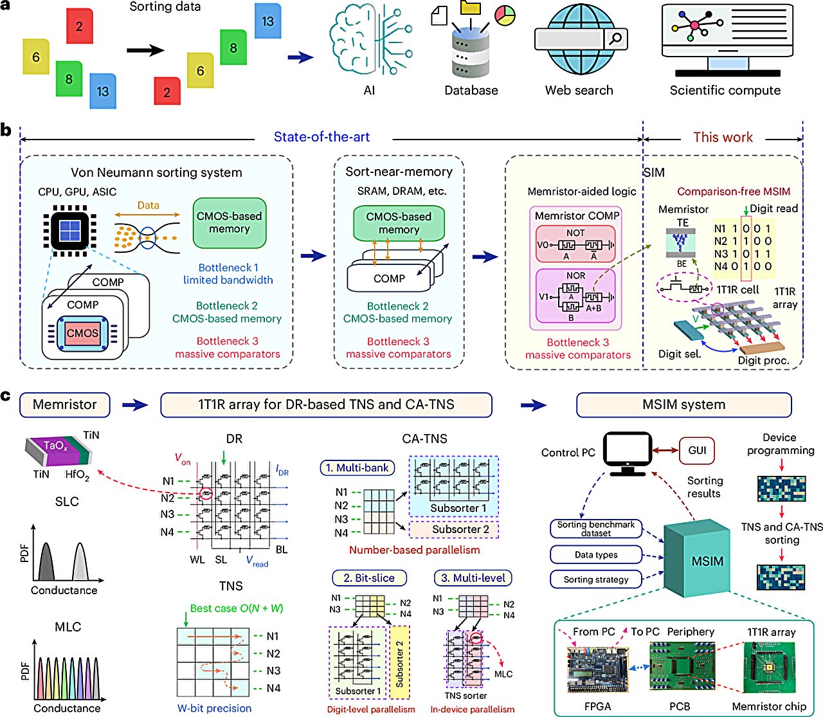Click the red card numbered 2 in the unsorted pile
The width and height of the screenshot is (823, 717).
pyautogui.click(x=79, y=26)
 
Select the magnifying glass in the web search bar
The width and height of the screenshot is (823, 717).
pyautogui.click(x=615, y=39)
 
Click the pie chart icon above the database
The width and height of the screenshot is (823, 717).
pyautogui.click(x=505, y=15)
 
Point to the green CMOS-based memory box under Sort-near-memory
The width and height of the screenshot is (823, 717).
pyautogui.click(x=399, y=223)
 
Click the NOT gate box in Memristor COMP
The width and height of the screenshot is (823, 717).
pyautogui.click(x=575, y=244)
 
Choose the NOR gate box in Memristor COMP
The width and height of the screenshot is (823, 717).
pyautogui.click(x=575, y=296)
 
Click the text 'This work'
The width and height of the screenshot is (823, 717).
pyautogui.click(x=723, y=137)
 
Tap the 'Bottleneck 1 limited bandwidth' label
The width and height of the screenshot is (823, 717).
pyautogui.click(x=228, y=274)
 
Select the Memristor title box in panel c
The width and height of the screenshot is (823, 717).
pyautogui.click(x=65, y=404)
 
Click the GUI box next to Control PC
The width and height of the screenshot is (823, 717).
pyautogui.click(x=697, y=450)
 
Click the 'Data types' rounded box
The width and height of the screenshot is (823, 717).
pyautogui.click(x=596, y=555)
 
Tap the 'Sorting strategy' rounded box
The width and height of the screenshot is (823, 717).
pyautogui.click(x=596, y=579)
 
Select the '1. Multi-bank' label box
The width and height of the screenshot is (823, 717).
pyautogui.click(x=357, y=467)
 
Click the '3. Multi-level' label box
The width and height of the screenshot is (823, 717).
pyautogui.click(x=473, y=578)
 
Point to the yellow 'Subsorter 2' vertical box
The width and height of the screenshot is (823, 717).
pyautogui.click(x=399, y=662)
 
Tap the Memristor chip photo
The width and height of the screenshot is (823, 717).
pyautogui.click(x=769, y=668)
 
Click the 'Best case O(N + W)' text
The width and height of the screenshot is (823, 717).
pyautogui.click(x=237, y=608)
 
